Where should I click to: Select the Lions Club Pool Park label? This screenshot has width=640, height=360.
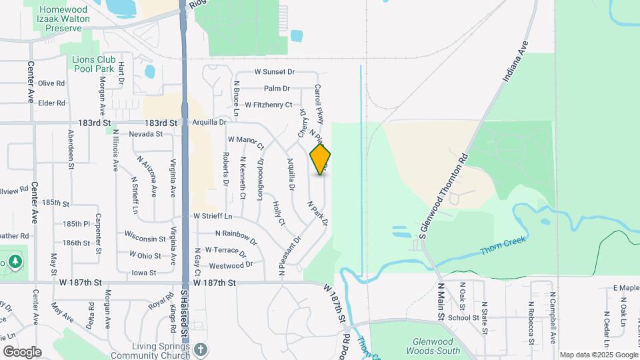(x=96, y=64)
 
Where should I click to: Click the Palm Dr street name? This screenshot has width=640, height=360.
(x=277, y=88)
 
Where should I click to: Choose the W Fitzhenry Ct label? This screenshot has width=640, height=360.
(x=268, y=105)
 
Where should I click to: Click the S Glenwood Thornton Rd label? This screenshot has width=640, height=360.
(x=443, y=195)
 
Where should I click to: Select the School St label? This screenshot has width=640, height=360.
(x=459, y=318)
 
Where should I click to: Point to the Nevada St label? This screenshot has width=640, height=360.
(x=146, y=134)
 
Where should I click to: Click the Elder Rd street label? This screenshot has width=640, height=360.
(x=51, y=103)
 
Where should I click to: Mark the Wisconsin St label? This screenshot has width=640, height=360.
(x=145, y=238)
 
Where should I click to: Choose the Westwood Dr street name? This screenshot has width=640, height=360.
(x=231, y=265)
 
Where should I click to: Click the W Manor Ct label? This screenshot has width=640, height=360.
(x=246, y=141)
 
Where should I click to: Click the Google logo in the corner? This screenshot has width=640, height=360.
(x=22, y=351)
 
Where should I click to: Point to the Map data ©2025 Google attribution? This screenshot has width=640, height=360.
(x=598, y=355)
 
